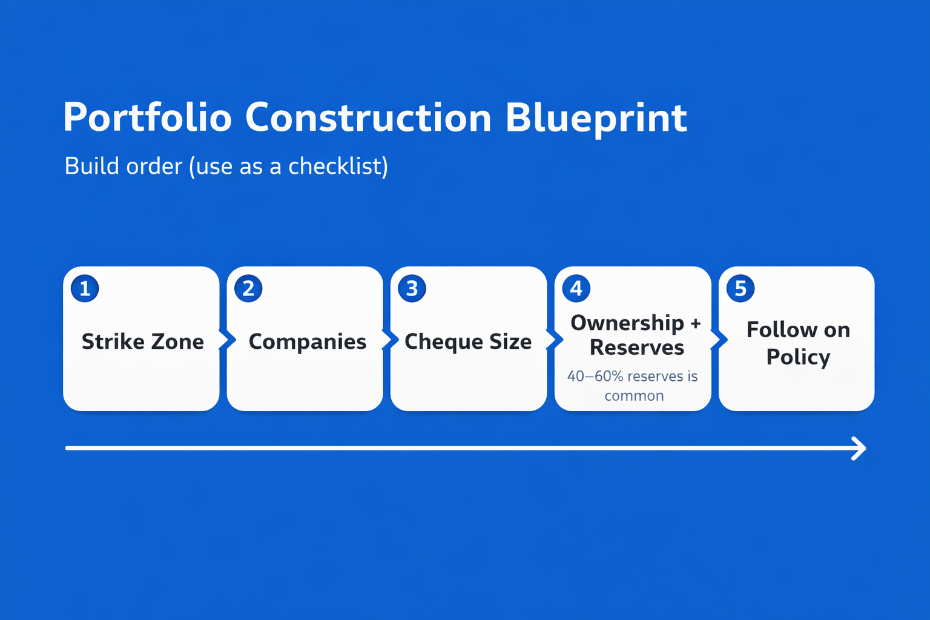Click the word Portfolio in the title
(x=147, y=118)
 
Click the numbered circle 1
(x=85, y=288)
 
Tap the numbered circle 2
(x=248, y=288)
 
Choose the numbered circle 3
(x=412, y=288)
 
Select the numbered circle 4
(x=576, y=288)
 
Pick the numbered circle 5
(x=740, y=288)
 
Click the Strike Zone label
(x=143, y=341)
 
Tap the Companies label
(x=308, y=342)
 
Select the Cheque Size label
(x=468, y=342)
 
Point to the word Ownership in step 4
(x=627, y=323)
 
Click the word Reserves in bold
(x=637, y=347)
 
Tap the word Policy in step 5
(x=798, y=357)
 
